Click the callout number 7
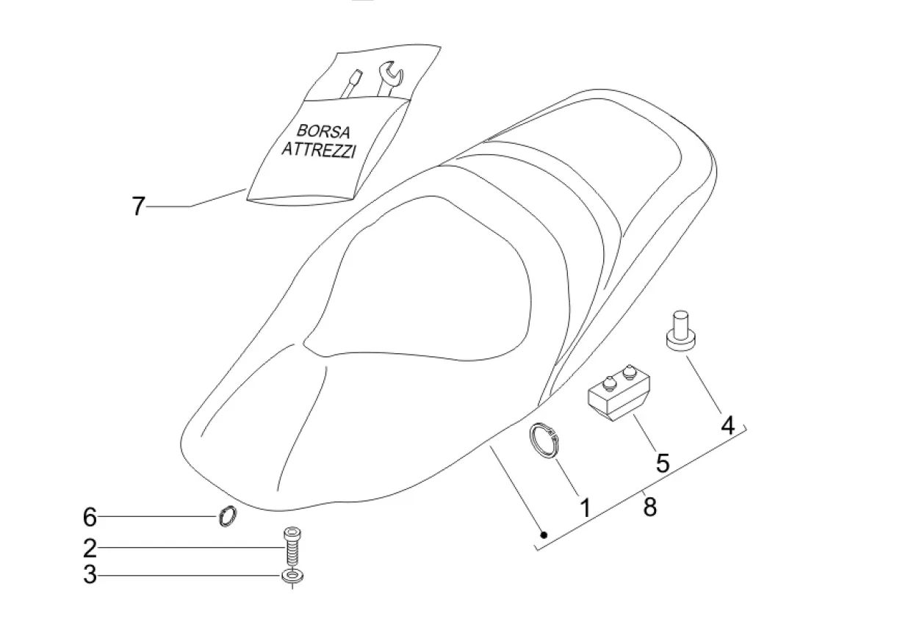pos(139,206)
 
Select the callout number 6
pos(89,518)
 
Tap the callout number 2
pos(89,548)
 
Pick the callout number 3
pos(89,575)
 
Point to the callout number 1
pos(586,507)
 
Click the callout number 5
pos(663,463)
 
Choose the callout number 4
pos(727,424)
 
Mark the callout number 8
pos(649,506)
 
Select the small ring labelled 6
pos(228,517)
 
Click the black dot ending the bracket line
pos(543,535)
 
